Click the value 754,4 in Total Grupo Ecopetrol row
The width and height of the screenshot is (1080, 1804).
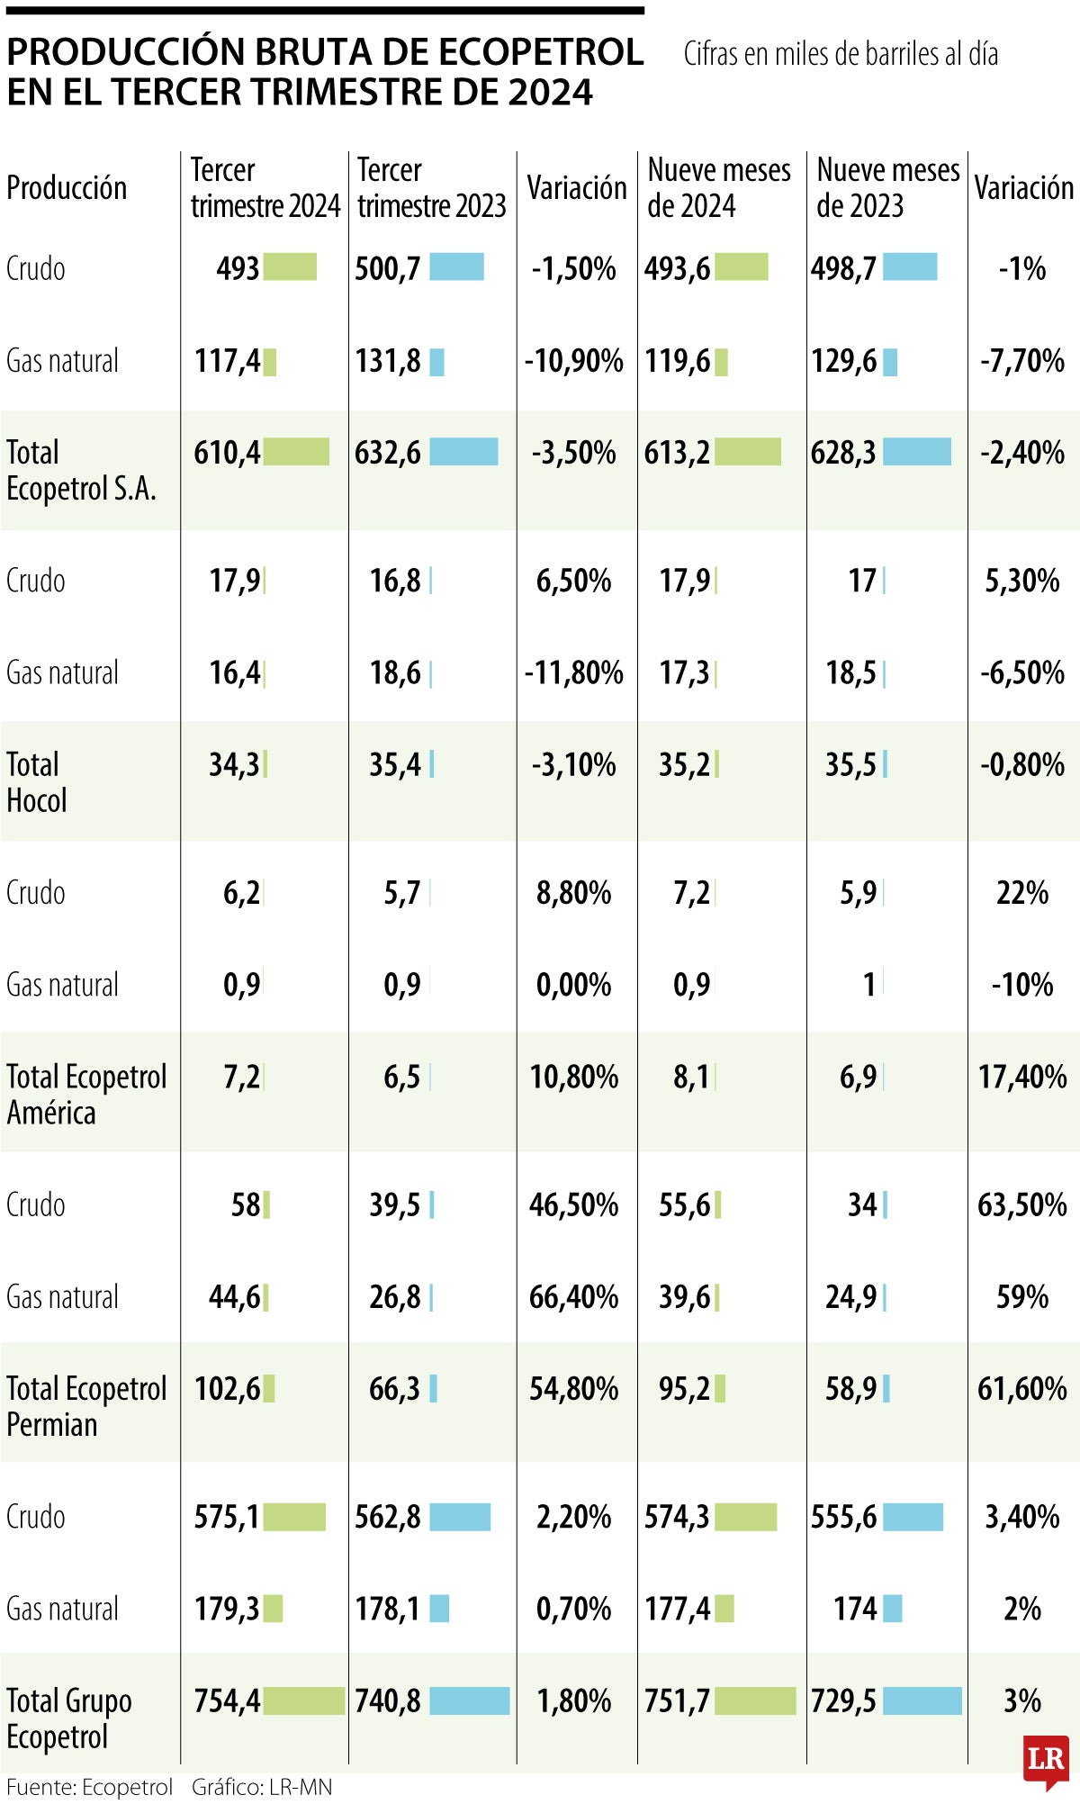pyautogui.click(x=227, y=1700)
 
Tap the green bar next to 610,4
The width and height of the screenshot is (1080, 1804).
pyautogui.click(x=296, y=452)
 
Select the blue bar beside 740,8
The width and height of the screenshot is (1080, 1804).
pyautogui.click(x=469, y=1700)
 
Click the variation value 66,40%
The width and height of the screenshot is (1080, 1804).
pyautogui.click(x=573, y=1297)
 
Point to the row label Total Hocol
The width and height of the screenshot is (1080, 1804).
pyautogui.click(x=37, y=782)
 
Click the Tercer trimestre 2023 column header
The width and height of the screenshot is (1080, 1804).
pyautogui.click(x=431, y=188)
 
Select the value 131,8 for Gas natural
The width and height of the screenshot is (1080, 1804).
pyautogui.click(x=388, y=361)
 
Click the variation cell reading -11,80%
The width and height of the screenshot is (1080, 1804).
pyautogui.click(x=573, y=672)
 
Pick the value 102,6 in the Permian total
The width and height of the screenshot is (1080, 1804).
pyautogui.click(x=227, y=1388)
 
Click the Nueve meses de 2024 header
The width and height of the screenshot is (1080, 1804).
pyautogui.click(x=718, y=188)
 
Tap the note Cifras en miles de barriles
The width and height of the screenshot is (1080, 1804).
pyautogui.click(x=841, y=54)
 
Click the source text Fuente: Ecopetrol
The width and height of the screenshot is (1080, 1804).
pyautogui.click(x=89, y=1787)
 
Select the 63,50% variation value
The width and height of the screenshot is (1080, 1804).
pyautogui.click(x=1021, y=1204)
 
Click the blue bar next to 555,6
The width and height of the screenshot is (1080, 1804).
pyautogui.click(x=913, y=1517)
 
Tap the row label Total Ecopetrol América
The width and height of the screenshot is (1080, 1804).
pyautogui.click(x=86, y=1095)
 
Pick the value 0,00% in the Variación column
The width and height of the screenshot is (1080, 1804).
pyautogui.click(x=573, y=985)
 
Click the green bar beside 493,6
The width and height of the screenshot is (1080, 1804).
pyautogui.click(x=742, y=267)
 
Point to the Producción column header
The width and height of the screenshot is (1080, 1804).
pyautogui.click(x=67, y=188)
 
